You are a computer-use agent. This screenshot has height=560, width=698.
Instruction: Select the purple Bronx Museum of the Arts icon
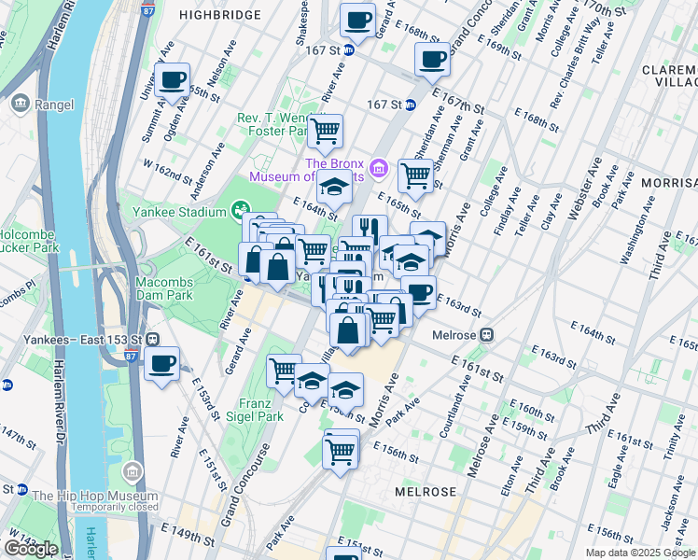coord(379,168)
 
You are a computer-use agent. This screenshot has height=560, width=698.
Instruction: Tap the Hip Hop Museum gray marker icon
coord(133,471)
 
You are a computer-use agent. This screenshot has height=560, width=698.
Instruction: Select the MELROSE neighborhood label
coord(426,492)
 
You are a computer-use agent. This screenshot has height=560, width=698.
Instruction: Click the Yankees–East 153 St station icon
coord(151,339)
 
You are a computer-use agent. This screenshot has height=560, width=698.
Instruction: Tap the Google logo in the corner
coord(30,549)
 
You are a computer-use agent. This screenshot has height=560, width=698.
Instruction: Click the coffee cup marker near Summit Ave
coord(172,81)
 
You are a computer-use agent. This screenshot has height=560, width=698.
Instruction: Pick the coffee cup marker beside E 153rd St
coord(162,363)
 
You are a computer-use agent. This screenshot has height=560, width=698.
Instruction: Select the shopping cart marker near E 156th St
coord(341,452)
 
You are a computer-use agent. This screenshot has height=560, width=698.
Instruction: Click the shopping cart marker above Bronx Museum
coord(325,132)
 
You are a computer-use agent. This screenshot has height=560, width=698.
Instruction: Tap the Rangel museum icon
coord(19,105)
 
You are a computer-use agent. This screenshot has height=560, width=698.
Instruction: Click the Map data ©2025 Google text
coord(639,553)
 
